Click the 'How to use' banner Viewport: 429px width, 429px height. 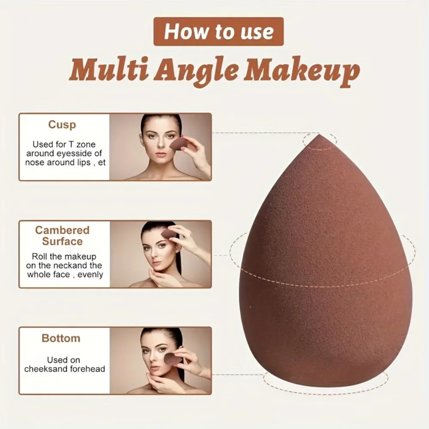tap(219, 31)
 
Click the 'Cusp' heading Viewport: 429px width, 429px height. tap(62, 125)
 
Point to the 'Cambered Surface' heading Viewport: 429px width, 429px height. tap(62, 236)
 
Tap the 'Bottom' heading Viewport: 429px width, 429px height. tap(61, 338)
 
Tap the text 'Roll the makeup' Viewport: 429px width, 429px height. tap(64, 257)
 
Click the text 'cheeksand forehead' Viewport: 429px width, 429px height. tap(64, 369)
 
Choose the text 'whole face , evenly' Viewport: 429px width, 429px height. tap(65, 275)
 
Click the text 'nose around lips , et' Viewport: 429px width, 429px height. tap(65, 163)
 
